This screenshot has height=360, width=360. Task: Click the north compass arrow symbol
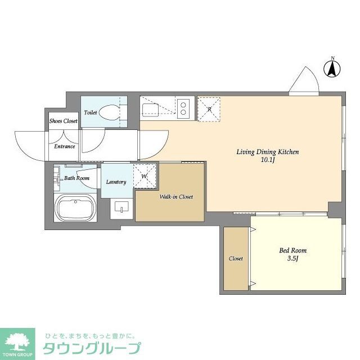(332, 68)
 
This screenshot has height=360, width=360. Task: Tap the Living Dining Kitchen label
(267, 152)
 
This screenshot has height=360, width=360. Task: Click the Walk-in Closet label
(176, 197)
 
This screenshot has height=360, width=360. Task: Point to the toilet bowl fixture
(110, 112)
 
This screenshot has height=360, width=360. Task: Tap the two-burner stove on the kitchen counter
(183, 107)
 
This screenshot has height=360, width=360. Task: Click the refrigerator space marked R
(209, 109)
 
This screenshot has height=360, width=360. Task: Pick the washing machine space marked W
(145, 176)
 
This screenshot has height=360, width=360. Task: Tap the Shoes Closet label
(63, 121)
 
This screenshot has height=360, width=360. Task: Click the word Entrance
(65, 147)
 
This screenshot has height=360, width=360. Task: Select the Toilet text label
(91, 112)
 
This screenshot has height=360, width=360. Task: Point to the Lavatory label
(116, 182)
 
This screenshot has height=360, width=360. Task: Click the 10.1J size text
(267, 160)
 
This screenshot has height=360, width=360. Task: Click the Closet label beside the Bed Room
(236, 259)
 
